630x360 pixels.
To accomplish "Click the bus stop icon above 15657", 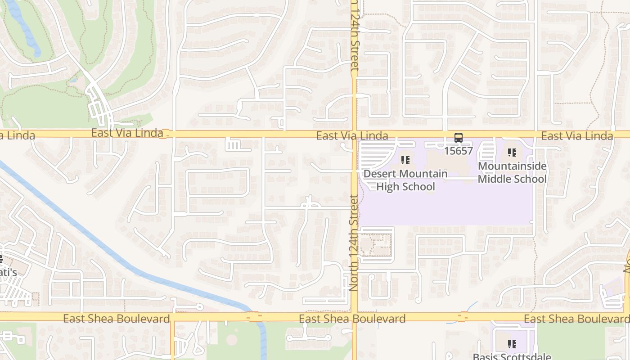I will pos(459,138).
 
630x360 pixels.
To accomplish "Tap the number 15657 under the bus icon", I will pos(459,151).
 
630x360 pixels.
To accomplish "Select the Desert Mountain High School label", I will pos(405,180).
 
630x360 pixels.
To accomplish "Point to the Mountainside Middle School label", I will pos(512,172).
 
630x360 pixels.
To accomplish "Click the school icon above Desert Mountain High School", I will pos(405,160).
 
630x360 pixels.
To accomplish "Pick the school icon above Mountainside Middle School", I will pos(512,153).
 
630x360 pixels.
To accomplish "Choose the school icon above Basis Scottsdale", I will pos(512,344).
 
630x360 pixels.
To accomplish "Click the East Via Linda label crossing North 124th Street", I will pos(352,136).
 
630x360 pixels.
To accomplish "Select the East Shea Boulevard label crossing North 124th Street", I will pos(352,319).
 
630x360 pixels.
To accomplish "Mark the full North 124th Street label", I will pos(354,242).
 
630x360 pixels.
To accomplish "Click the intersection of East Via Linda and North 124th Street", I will pos(355,134).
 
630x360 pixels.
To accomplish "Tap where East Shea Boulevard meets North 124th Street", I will pos(355,317).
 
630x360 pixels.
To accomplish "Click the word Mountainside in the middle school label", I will pos(512,166).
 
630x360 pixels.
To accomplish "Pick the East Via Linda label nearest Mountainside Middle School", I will pos(577,136).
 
